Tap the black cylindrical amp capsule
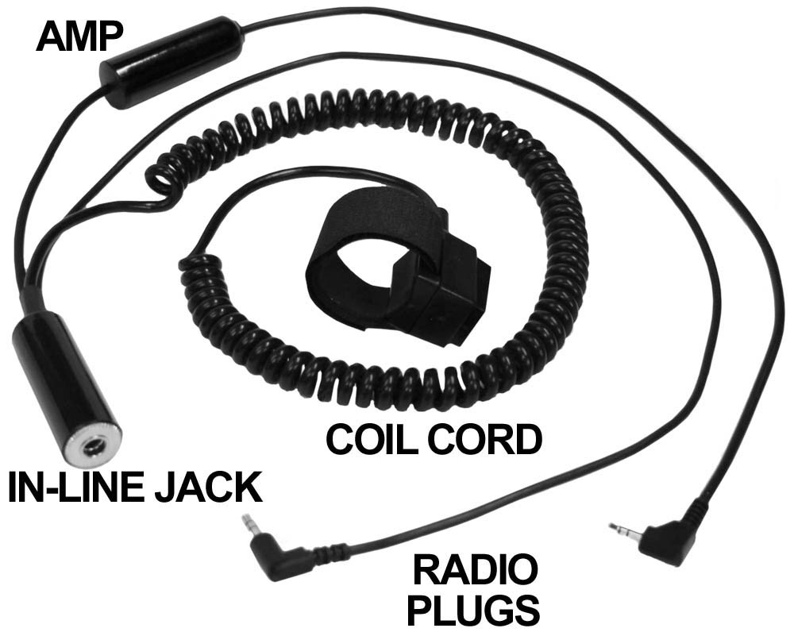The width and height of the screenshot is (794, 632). tap(172, 63)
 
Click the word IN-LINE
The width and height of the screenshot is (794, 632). tap(76, 488)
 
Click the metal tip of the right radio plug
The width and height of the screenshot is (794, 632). tap(619, 527)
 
